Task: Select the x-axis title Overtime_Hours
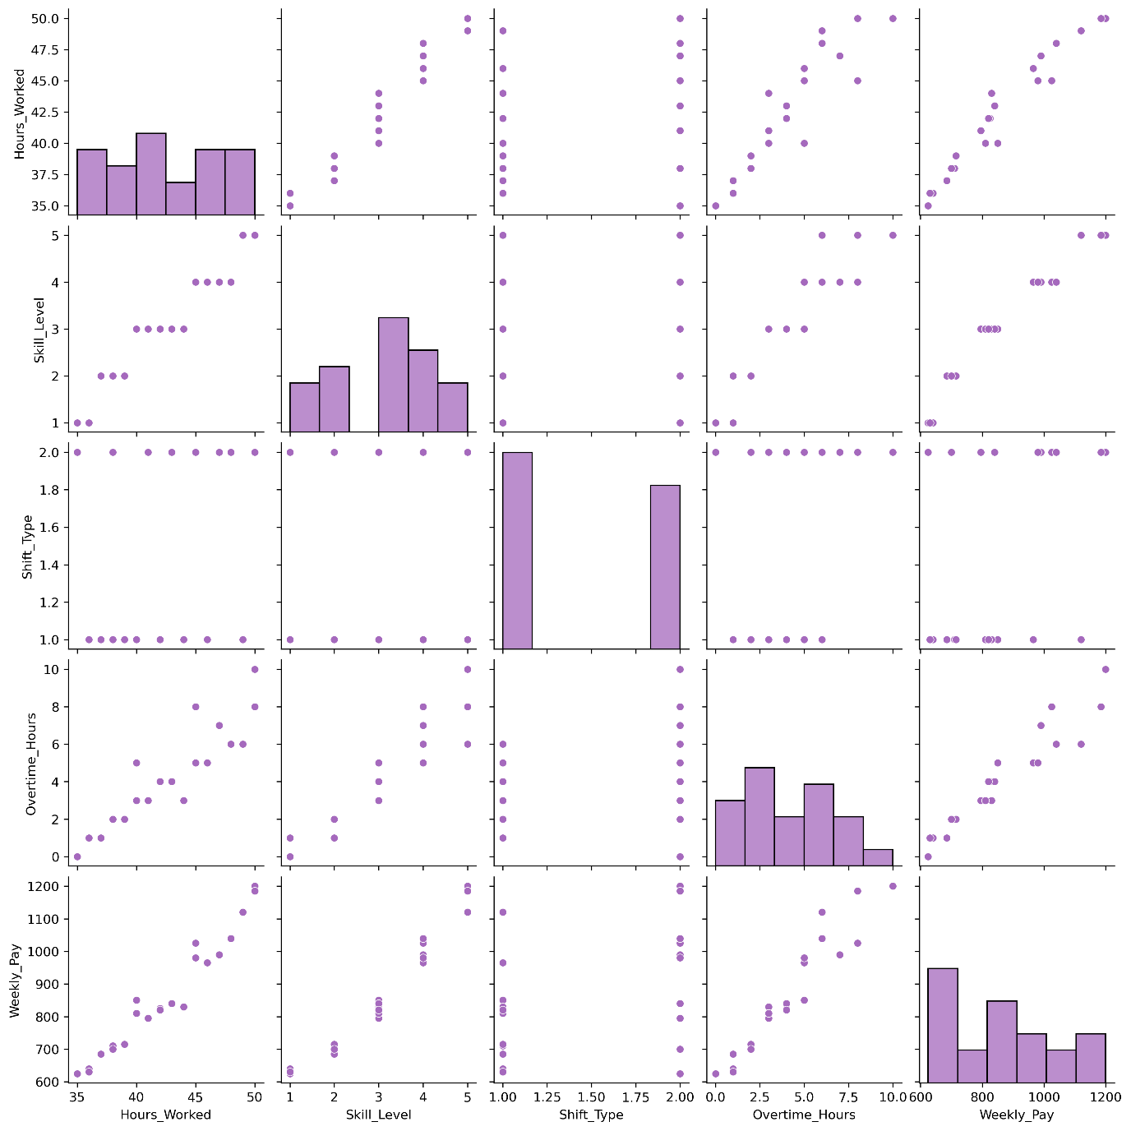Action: [804, 1115]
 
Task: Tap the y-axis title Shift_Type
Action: [27, 547]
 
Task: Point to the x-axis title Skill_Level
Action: [378, 1115]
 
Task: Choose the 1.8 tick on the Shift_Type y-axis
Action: [52, 490]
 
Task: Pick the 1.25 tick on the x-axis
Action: [547, 1096]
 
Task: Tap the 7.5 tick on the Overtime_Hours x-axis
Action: [848, 1096]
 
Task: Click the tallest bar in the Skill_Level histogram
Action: [393, 374]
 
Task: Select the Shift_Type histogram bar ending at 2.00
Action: [665, 567]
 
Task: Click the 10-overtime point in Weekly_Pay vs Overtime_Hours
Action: [893, 886]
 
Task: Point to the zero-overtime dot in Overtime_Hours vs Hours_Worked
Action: [77, 856]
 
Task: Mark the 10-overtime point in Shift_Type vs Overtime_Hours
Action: [893, 452]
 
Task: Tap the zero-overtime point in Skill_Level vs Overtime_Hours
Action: [715, 422]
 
